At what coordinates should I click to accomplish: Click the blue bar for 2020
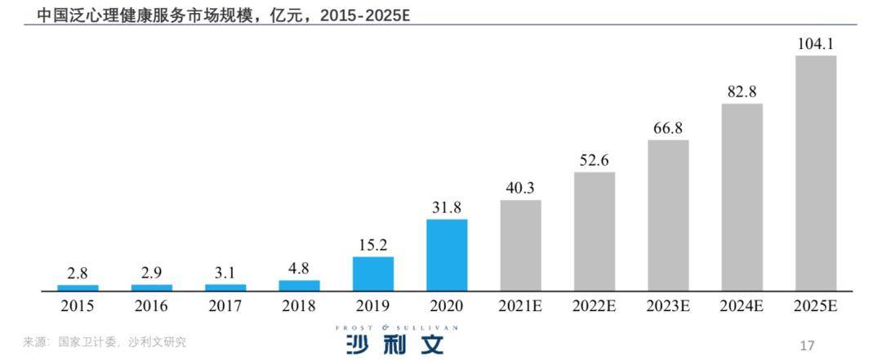click(x=447, y=255)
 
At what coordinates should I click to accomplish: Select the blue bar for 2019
click(x=373, y=273)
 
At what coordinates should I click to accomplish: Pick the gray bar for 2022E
click(x=595, y=231)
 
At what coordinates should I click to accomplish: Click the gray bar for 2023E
click(x=668, y=216)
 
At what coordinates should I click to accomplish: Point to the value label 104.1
click(x=816, y=44)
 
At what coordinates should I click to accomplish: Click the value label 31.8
click(x=447, y=207)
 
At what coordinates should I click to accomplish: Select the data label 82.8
click(x=742, y=92)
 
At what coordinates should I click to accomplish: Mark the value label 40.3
click(x=520, y=189)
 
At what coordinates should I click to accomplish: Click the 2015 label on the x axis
click(x=78, y=307)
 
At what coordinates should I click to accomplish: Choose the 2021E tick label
click(x=520, y=307)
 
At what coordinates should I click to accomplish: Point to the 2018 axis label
click(x=299, y=307)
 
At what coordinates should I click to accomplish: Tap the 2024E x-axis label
click(x=742, y=307)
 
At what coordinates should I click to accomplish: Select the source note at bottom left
click(x=104, y=342)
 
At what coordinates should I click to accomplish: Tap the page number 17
click(x=808, y=344)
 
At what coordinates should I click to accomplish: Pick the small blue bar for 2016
click(x=152, y=287)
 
